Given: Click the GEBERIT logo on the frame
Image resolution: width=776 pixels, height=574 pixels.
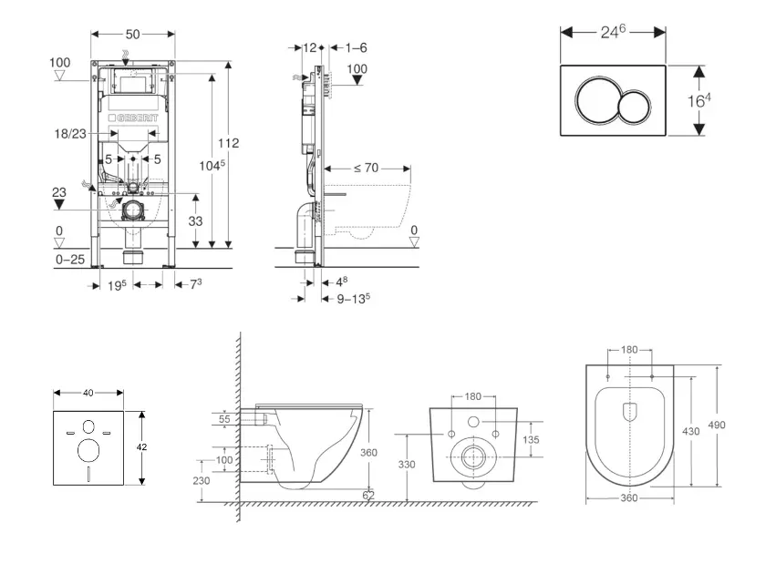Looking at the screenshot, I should (x=133, y=118).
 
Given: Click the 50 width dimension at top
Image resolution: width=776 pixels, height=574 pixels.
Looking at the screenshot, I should (x=132, y=34).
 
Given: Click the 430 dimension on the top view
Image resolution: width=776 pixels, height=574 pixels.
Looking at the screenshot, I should (x=691, y=431).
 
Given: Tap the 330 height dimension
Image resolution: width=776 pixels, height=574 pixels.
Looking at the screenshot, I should (x=406, y=464).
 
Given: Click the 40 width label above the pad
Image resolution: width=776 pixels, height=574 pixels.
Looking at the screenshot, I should (x=88, y=393).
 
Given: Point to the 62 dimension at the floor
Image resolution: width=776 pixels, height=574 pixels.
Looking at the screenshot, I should (x=367, y=496).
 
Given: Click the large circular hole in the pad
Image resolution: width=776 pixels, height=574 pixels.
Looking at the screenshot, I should (x=88, y=449).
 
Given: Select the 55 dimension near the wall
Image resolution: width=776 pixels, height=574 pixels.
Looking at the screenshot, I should (x=223, y=418).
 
